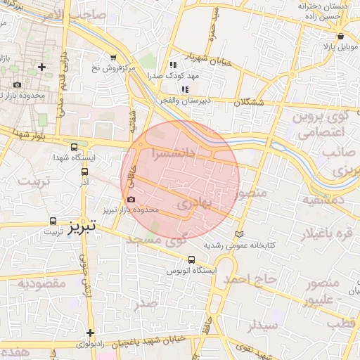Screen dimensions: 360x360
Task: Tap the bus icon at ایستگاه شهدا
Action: [x=75, y=147]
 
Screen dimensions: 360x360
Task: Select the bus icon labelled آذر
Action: [x=84, y=171]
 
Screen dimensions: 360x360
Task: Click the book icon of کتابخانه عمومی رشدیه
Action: [x=239, y=233]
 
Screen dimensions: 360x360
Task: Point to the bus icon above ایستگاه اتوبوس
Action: [x=192, y=259]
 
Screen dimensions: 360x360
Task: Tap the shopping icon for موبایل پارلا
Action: [x=341, y=36]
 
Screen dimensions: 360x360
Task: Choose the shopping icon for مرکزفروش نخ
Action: [x=113, y=57]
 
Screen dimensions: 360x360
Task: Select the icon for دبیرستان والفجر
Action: [x=185, y=89]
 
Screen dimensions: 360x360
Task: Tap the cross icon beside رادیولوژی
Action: [x=91, y=333]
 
